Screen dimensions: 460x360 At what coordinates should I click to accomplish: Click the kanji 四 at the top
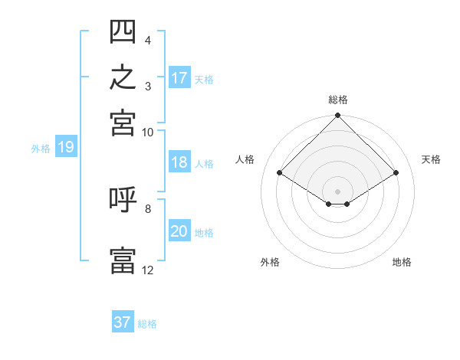(123, 31)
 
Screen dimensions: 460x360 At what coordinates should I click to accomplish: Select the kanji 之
(123, 77)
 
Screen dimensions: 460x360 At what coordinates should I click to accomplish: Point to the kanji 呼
(123, 199)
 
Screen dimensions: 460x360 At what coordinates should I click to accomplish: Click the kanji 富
(123, 260)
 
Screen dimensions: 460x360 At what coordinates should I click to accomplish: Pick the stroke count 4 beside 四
(148, 41)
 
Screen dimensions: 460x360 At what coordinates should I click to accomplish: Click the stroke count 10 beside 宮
(147, 133)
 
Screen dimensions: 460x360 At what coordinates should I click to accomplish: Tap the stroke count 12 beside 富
(147, 270)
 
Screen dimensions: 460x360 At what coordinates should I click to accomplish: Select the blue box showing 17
(179, 77)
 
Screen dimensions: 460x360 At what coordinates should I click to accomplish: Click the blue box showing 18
(179, 162)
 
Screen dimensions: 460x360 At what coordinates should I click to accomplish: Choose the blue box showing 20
(179, 230)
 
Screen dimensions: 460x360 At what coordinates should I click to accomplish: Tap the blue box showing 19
(66, 146)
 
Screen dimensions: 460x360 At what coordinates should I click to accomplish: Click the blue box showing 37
(123, 321)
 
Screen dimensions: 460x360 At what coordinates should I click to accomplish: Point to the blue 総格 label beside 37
(147, 324)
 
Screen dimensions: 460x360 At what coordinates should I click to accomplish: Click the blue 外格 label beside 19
(41, 149)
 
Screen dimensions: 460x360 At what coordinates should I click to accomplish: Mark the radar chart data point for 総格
(337, 115)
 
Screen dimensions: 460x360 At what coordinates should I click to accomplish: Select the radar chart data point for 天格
(396, 172)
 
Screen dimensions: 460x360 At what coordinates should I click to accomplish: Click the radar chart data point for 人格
(280, 172)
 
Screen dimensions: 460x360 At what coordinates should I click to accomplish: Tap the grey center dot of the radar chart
(337, 191)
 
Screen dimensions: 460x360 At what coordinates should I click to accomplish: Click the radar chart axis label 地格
(402, 262)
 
